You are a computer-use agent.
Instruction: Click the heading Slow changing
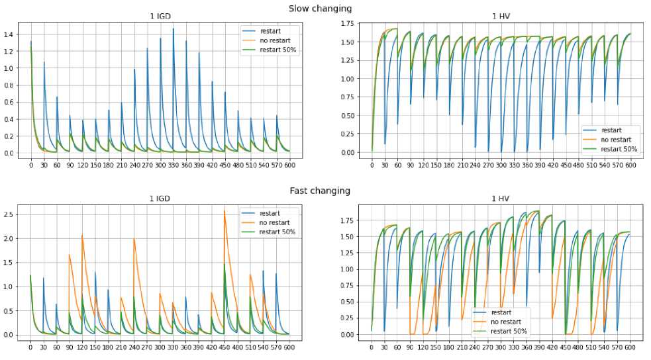pyautogui.click(x=320, y=9)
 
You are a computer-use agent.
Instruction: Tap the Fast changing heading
pyautogui.click(x=320, y=191)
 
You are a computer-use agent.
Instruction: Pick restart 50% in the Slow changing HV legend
pyautogui.click(x=620, y=149)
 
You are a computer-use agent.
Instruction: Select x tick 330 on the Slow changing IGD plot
pyautogui.click(x=174, y=163)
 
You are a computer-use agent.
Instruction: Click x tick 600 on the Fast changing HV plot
pyautogui.click(x=629, y=346)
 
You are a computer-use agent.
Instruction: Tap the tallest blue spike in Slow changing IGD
pyautogui.click(x=174, y=29)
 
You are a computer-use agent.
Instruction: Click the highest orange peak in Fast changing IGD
pyautogui.click(x=244, y=211)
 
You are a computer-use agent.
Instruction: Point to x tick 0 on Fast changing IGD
pyautogui.click(x=30, y=346)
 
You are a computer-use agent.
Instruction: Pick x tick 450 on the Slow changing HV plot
pyautogui.click(x=565, y=163)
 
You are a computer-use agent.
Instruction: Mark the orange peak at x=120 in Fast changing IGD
pyautogui.click(x=82, y=235)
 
